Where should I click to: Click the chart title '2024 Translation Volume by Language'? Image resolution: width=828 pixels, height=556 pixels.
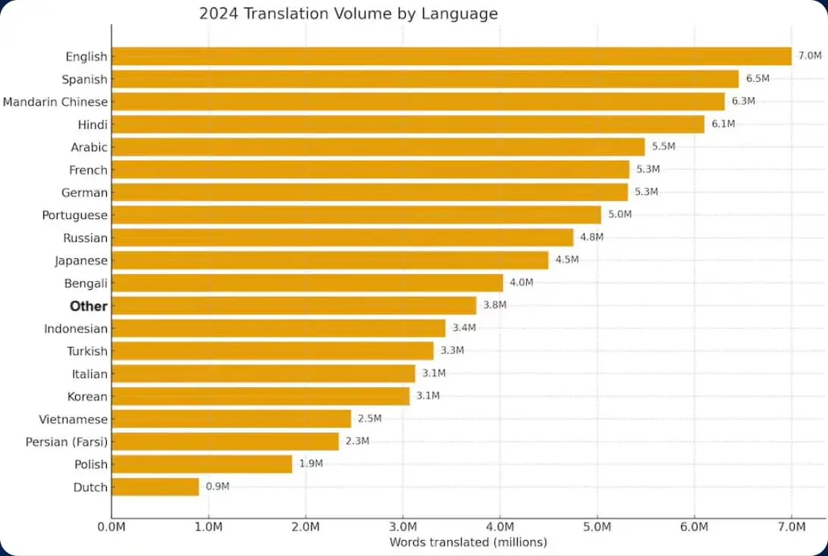click(348, 14)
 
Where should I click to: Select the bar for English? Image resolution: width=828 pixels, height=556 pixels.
click(451, 56)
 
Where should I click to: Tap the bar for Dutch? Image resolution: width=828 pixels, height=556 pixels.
click(155, 487)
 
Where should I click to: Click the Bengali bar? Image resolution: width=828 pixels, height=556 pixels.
click(307, 283)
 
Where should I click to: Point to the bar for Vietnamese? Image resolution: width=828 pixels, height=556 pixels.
click(231, 419)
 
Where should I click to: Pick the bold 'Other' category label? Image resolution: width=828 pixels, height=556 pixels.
click(89, 306)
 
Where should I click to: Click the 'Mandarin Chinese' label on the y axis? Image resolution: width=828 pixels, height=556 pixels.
click(55, 102)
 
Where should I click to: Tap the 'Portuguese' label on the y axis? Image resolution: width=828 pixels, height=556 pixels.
click(75, 215)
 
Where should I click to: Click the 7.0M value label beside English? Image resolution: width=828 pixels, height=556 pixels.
click(810, 55)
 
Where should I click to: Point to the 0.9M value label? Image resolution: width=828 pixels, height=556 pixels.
click(218, 486)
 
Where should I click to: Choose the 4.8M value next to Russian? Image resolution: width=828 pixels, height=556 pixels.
click(591, 237)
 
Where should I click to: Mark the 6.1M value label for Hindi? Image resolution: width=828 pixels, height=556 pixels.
click(723, 123)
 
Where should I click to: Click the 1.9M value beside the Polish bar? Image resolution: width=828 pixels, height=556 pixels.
click(311, 464)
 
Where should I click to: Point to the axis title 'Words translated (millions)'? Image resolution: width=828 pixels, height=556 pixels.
click(468, 542)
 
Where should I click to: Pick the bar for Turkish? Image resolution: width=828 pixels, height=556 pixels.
click(273, 351)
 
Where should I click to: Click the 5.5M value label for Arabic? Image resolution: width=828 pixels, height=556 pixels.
click(663, 146)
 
